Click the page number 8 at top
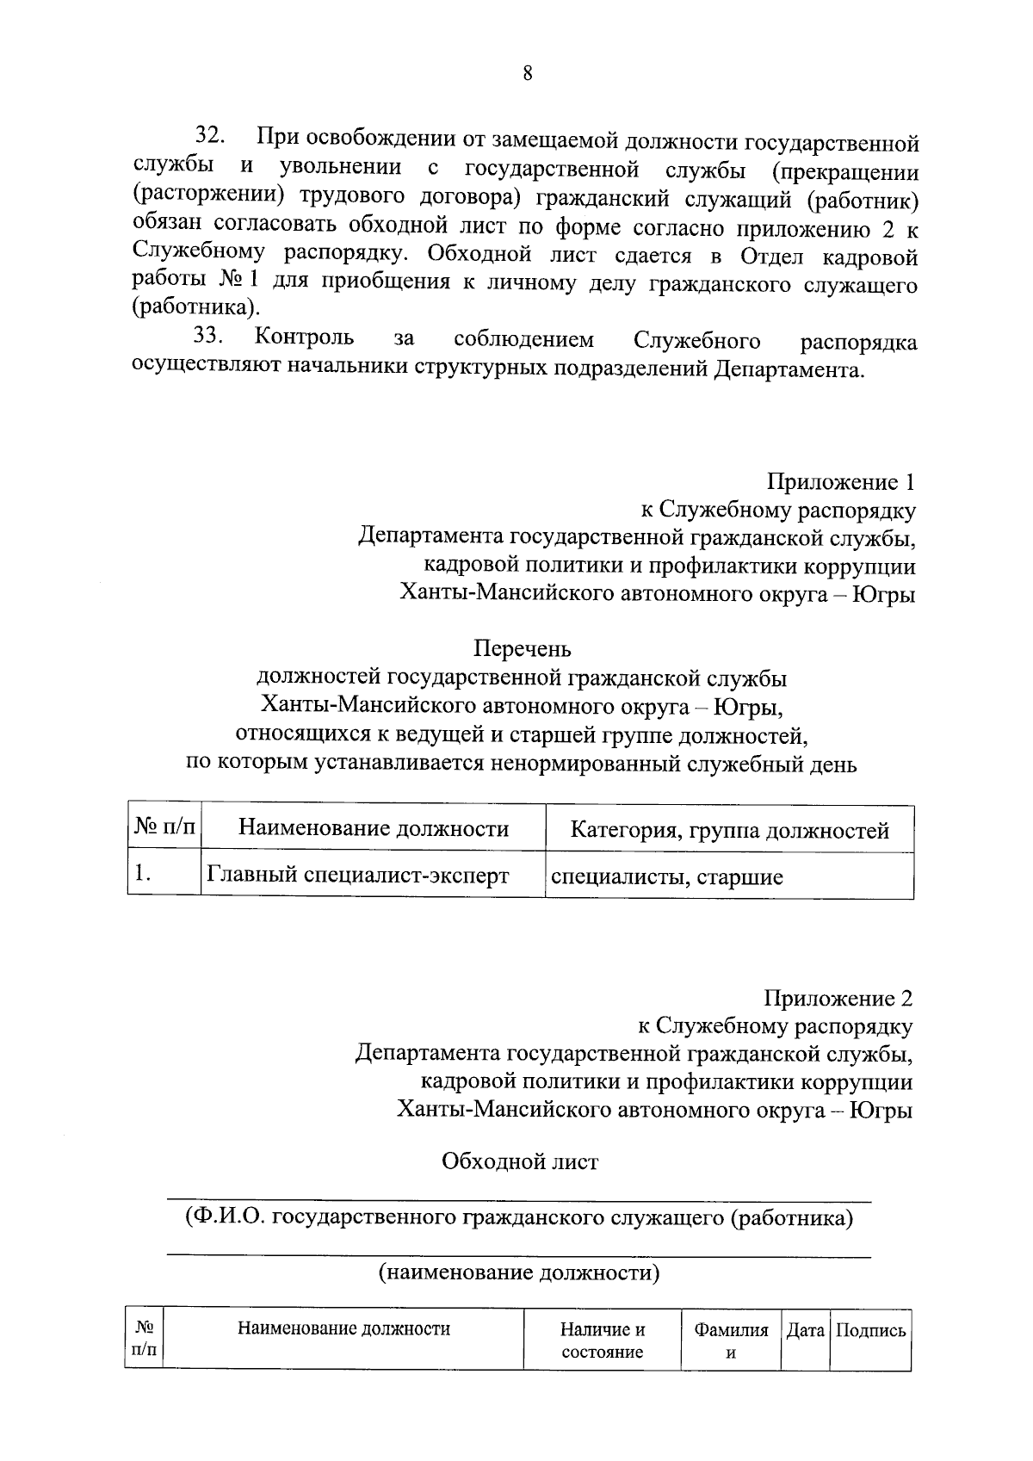528,74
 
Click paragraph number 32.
210,135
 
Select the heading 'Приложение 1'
839,482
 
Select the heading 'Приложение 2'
838,998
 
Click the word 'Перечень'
522,647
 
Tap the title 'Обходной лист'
520,1161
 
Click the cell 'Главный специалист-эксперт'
357,876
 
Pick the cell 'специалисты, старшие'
666,877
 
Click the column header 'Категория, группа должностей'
729,831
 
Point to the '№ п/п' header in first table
164,828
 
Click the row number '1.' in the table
143,875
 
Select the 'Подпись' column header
870,1330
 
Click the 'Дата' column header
806,1330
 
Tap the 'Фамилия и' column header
731,1340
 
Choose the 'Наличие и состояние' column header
603,1340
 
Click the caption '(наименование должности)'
520,1273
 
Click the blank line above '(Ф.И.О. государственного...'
518,1198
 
